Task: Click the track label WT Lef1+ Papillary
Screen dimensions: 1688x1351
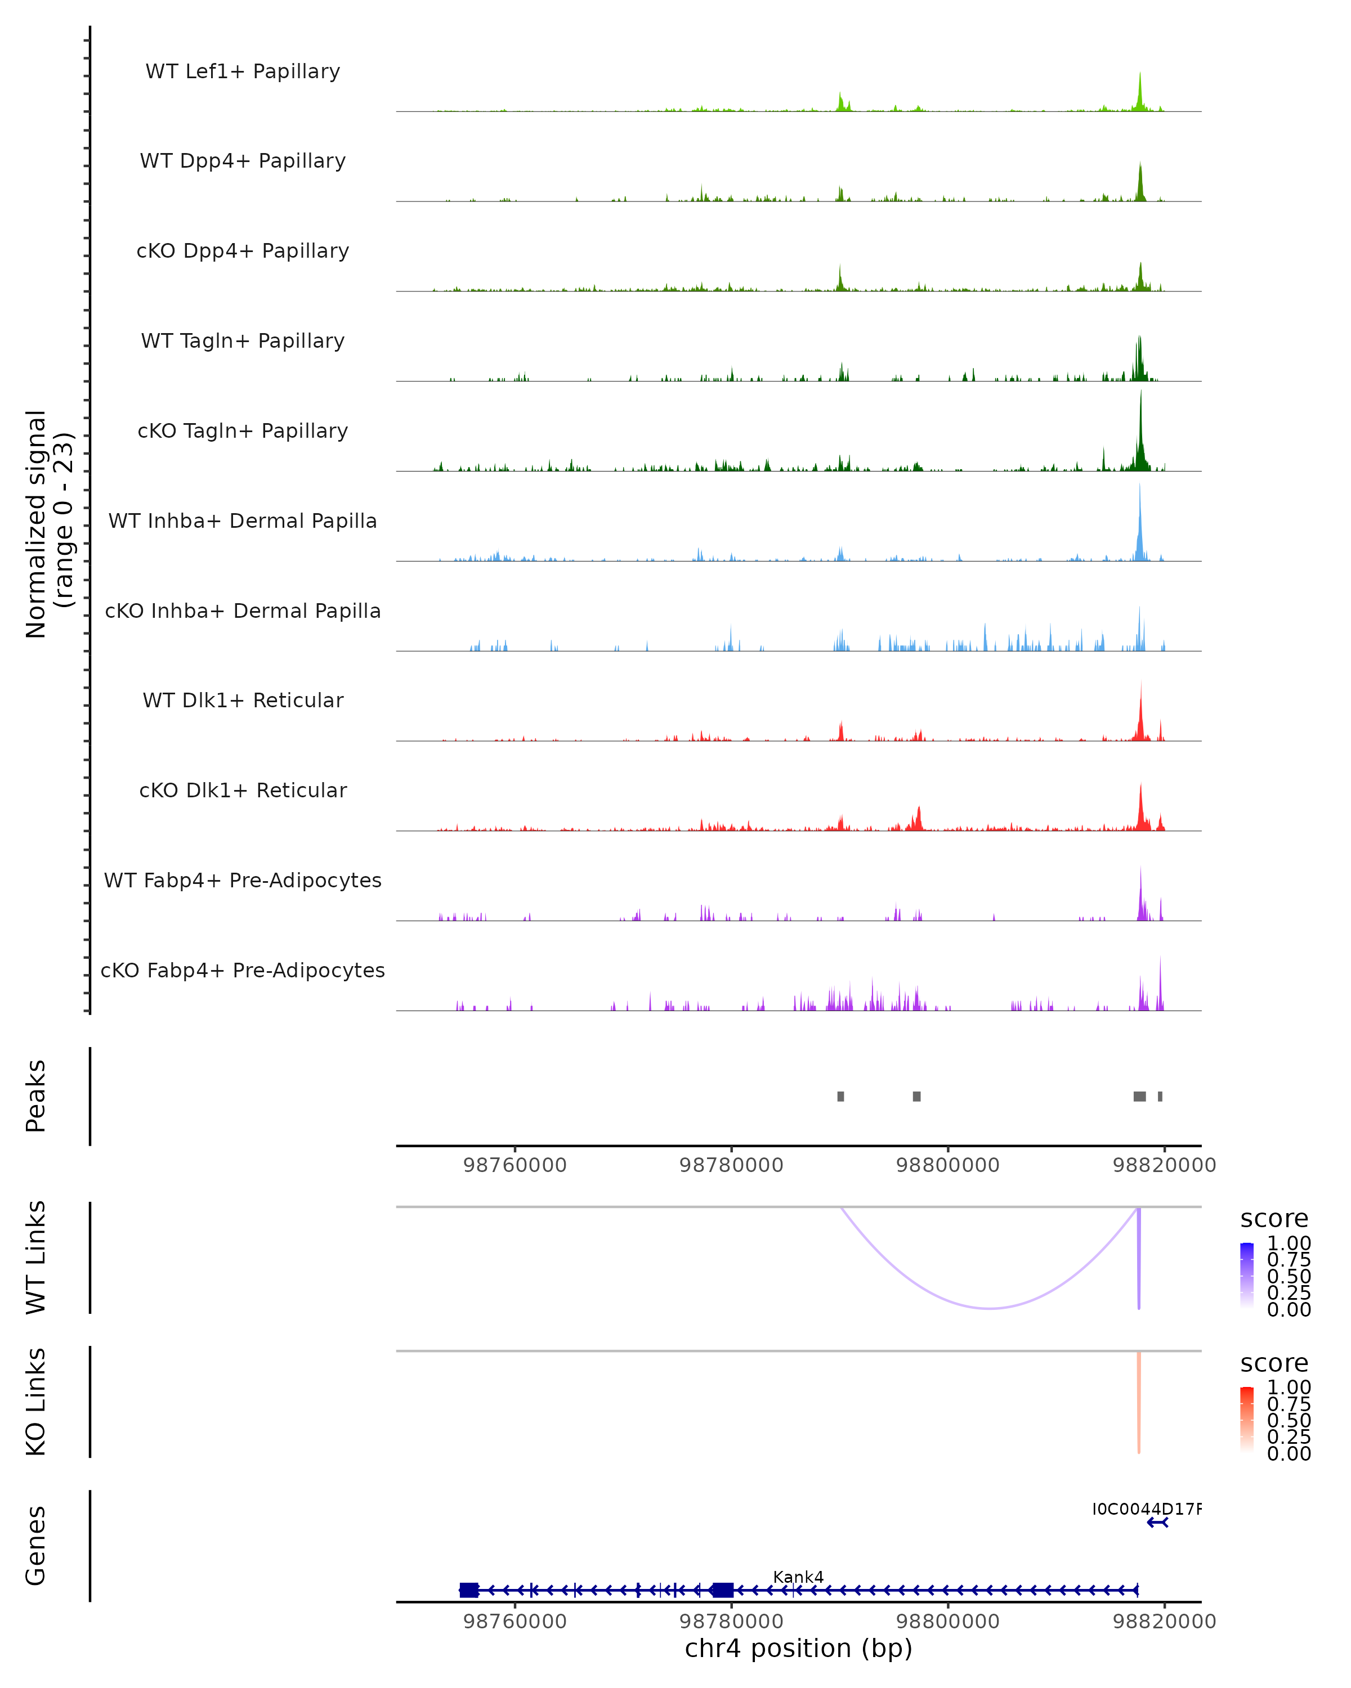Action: [x=243, y=71]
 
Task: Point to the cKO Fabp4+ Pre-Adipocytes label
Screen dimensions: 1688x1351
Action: [x=243, y=970]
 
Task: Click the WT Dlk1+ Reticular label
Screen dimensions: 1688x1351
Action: [x=243, y=700]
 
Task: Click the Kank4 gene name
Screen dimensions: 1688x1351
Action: [x=798, y=1577]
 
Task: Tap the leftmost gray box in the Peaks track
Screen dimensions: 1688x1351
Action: [x=840, y=1096]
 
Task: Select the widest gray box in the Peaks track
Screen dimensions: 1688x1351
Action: [x=1139, y=1096]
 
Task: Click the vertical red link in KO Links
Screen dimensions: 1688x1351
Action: [x=1139, y=1402]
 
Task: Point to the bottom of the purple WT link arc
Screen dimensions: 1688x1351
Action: [x=991, y=1308]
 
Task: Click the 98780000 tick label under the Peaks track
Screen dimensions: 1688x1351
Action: [x=731, y=1165]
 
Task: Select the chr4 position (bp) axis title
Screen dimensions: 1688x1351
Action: [x=798, y=1648]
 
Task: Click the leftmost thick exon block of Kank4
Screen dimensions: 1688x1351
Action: [x=469, y=1590]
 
